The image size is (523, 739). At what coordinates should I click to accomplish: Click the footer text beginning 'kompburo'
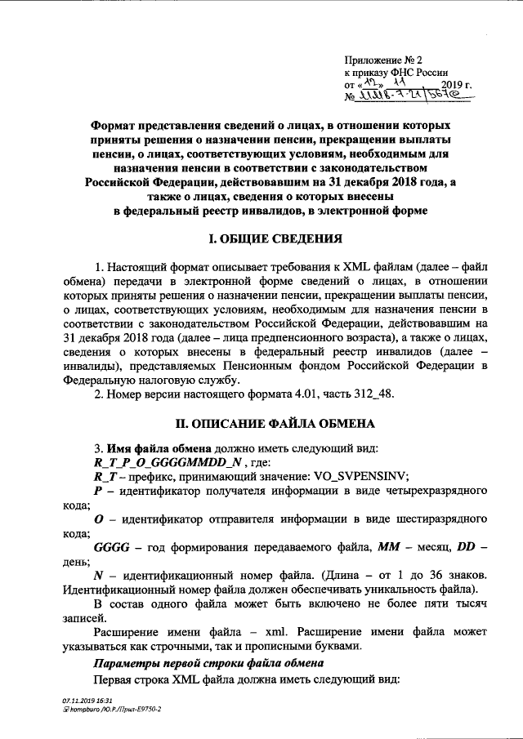click(110, 710)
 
